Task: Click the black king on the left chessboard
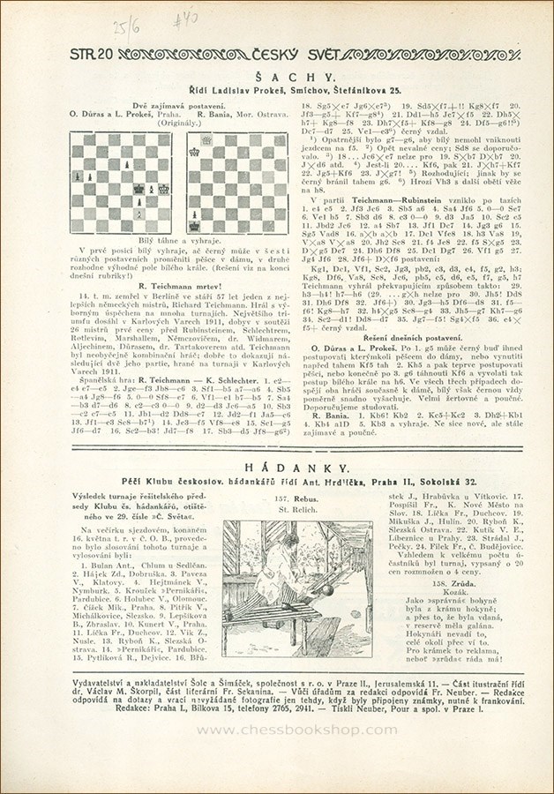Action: [x=139, y=189]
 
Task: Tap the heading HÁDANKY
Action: [x=277, y=473]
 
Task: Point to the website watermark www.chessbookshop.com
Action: [x=277, y=730]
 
